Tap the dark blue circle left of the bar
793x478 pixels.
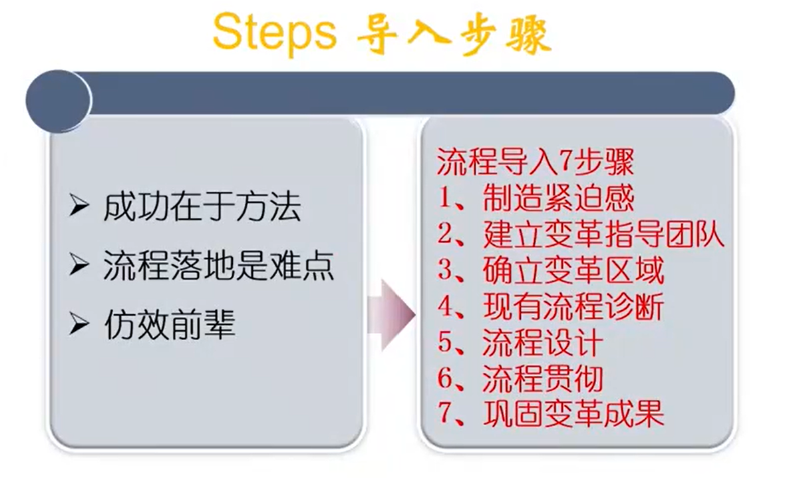[x=58, y=101]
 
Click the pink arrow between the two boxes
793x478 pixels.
[x=391, y=315]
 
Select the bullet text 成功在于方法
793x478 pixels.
[x=202, y=206]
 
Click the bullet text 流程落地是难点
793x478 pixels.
[x=218, y=266]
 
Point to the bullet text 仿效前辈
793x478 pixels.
[x=170, y=325]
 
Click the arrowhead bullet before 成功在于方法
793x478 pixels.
[x=79, y=206]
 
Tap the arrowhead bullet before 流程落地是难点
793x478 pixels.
[x=79, y=265]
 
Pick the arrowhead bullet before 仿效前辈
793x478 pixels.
[x=79, y=324]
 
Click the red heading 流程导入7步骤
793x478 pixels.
[x=535, y=162]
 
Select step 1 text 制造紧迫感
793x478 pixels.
[x=558, y=198]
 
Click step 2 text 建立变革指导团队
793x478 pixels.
[x=603, y=234]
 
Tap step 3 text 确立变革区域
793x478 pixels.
[x=573, y=270]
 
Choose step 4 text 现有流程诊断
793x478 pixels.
[x=573, y=306]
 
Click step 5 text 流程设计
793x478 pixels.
[x=543, y=342]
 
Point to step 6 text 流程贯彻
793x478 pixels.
[x=543, y=378]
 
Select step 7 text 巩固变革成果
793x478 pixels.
[x=573, y=413]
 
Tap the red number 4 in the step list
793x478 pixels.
[x=446, y=306]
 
